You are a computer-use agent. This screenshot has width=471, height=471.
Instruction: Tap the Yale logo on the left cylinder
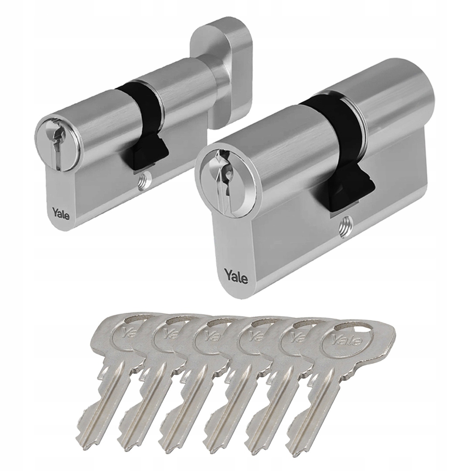60,213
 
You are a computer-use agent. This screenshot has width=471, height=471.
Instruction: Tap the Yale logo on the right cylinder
236,276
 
